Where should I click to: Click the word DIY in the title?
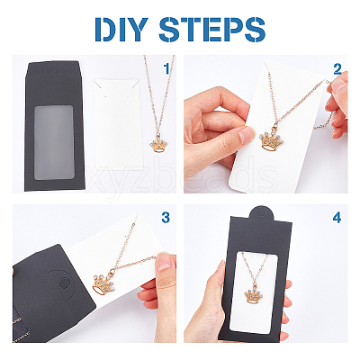point(122,30)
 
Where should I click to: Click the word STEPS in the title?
point(212,30)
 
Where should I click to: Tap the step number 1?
point(166,68)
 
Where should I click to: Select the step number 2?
point(337,69)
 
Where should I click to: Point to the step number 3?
point(166,218)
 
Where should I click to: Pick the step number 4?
point(337,218)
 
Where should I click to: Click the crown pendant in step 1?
point(158,144)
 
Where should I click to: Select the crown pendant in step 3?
point(103,284)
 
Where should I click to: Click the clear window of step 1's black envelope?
point(54,142)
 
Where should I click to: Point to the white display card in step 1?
point(118,124)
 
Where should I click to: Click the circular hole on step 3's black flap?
point(63,283)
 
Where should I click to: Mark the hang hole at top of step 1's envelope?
point(53,71)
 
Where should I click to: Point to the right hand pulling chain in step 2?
point(337,103)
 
